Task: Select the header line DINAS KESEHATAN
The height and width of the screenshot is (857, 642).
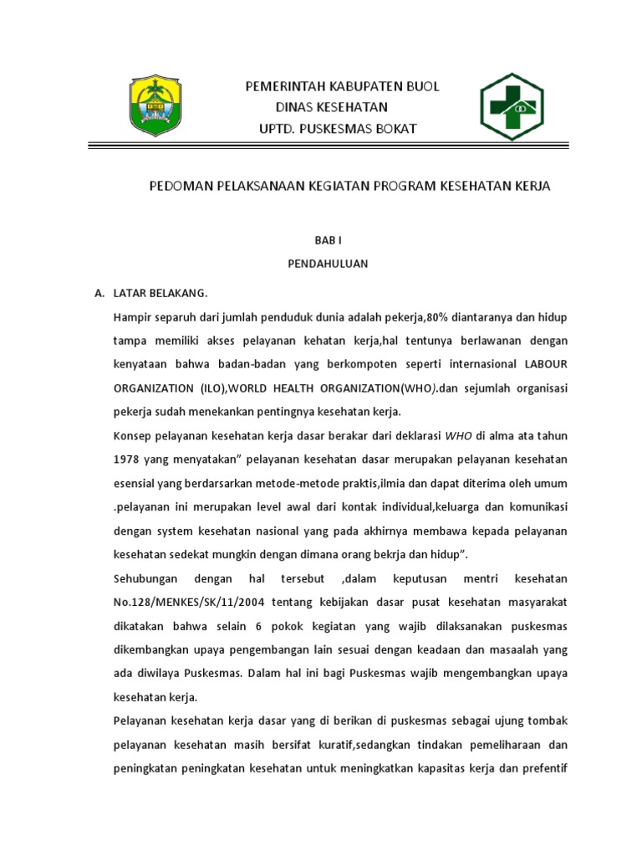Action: click(332, 107)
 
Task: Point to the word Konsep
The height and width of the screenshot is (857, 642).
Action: click(132, 436)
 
